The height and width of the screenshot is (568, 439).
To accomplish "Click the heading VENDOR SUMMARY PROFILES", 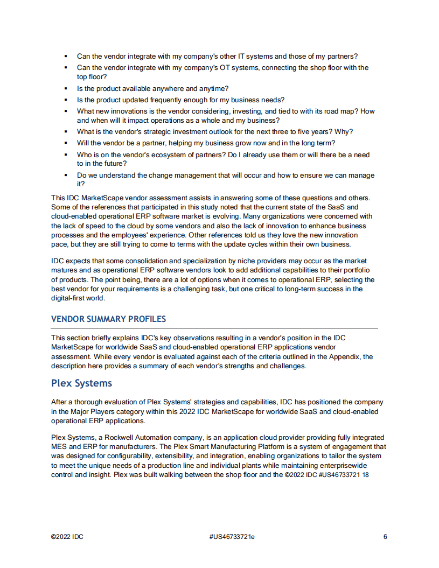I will (x=108, y=319).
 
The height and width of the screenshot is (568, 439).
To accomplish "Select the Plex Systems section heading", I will (x=81, y=383).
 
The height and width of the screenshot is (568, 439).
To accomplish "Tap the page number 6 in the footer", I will (x=385, y=537).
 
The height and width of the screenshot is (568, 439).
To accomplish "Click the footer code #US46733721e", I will (x=232, y=537).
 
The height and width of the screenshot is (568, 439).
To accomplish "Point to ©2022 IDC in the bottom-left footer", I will (x=67, y=537).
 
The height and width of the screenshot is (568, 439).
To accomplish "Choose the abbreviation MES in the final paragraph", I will (x=59, y=446).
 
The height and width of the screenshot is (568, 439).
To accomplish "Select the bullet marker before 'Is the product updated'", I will (x=65, y=100).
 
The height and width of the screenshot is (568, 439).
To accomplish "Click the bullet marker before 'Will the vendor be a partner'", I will (x=65, y=143).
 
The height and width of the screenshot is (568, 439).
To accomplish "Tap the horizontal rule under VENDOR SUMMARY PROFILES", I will (x=214, y=328).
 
